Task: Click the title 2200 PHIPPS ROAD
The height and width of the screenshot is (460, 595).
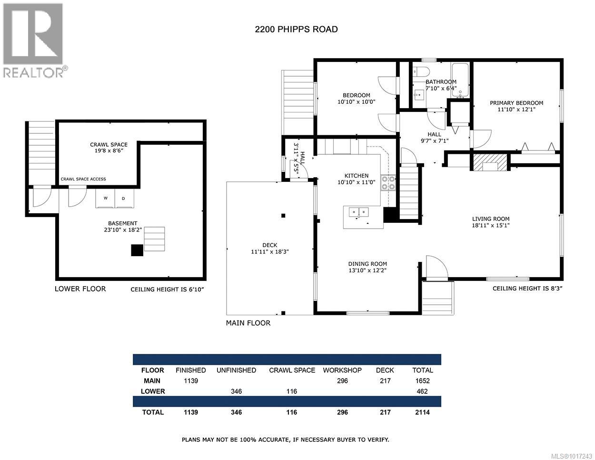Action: click(296, 29)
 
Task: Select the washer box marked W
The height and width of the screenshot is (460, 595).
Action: click(105, 199)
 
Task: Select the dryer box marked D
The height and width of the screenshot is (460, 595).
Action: click(123, 199)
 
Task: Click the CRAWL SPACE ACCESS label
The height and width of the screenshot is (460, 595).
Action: click(83, 179)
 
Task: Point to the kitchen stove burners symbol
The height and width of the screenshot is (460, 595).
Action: click(388, 183)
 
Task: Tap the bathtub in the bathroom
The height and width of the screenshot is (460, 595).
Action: click(460, 80)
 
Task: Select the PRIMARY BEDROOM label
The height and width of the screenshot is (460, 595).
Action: click(516, 103)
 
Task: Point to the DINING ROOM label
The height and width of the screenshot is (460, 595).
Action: click(367, 264)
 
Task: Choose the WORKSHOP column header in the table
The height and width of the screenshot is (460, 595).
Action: click(342, 370)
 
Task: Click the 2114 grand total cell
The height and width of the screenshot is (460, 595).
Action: click(422, 412)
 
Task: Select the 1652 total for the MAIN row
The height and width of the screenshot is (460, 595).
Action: click(422, 381)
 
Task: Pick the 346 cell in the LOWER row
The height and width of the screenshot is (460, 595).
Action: click(236, 391)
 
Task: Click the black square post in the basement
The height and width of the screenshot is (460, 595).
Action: click(137, 250)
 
